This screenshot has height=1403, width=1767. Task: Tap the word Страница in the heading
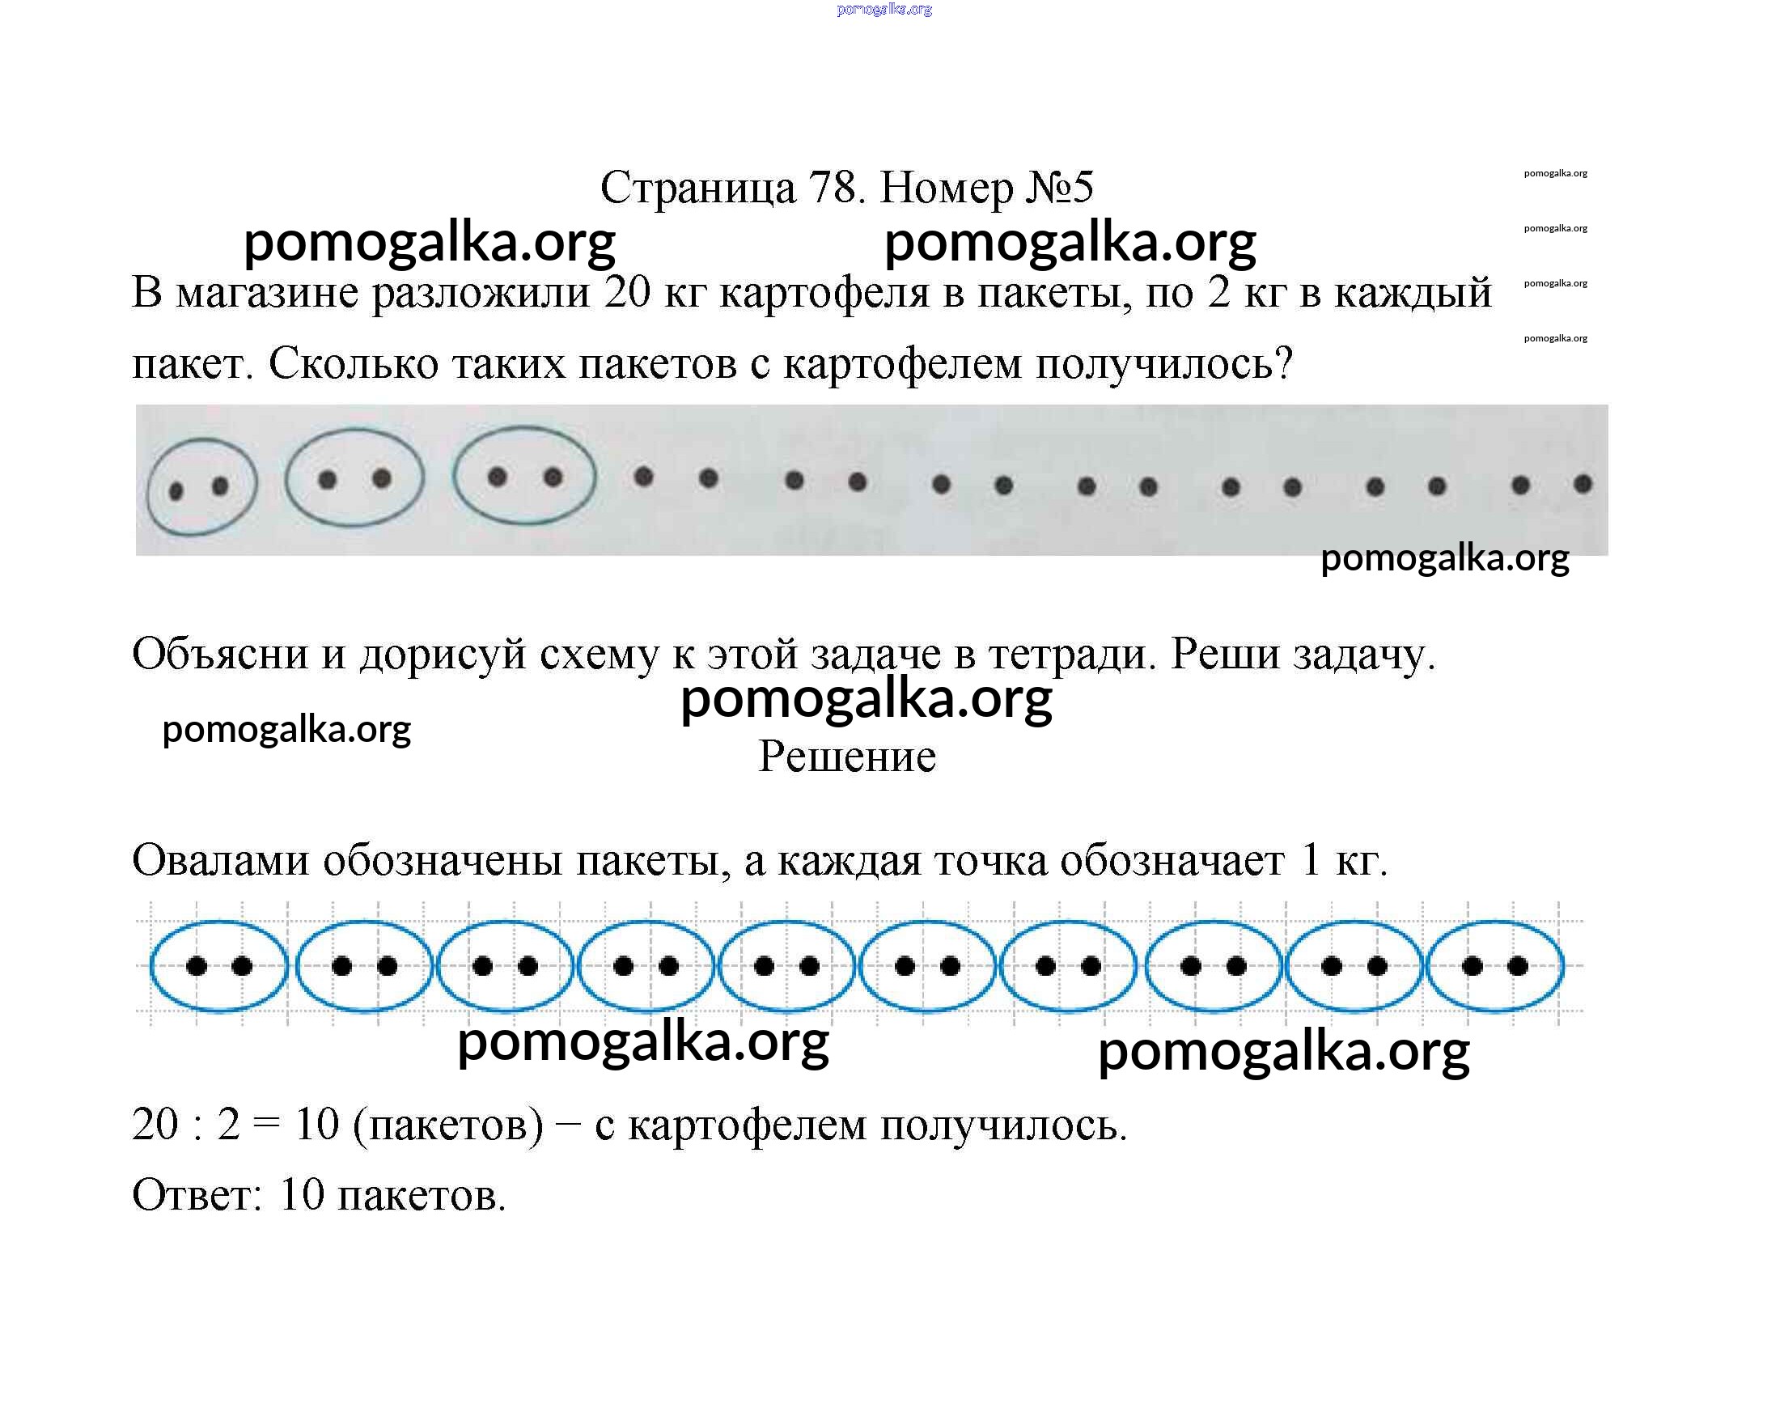tap(697, 188)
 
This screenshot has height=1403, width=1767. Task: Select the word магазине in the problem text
tap(267, 293)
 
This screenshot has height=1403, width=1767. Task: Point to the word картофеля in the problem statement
tap(824, 293)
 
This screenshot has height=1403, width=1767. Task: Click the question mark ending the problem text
tap(1283, 362)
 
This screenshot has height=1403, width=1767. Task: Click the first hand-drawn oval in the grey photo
tap(201, 487)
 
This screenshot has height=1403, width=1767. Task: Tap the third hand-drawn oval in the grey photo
tap(524, 475)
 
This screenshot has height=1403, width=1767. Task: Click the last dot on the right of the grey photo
tap(1583, 485)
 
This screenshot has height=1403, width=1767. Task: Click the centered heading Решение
tap(846, 756)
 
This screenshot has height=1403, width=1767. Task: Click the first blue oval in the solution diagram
tap(219, 966)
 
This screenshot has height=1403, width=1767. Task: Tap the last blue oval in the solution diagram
tap(1495, 966)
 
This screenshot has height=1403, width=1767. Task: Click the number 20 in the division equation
tap(155, 1125)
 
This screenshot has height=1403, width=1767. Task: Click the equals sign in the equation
tap(266, 1125)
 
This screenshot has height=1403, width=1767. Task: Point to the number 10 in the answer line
tap(302, 1195)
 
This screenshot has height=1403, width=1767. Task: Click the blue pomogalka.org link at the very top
tap(884, 9)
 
